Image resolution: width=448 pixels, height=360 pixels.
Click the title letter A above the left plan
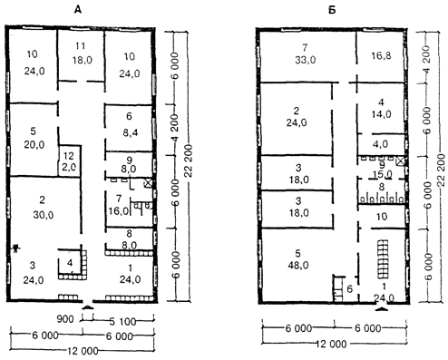78,10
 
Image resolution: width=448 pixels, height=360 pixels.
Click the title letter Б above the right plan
332,10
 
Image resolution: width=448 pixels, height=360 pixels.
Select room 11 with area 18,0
82,54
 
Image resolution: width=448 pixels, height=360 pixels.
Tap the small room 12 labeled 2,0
69,161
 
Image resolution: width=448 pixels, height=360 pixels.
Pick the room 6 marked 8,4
129,128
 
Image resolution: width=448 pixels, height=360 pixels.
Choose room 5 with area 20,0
34,139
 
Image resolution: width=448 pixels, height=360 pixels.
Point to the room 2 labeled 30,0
44,209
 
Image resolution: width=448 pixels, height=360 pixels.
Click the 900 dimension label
65,319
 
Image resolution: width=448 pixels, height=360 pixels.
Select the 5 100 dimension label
122,321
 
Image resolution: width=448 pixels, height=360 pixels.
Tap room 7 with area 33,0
306,54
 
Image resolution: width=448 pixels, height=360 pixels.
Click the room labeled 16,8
381,55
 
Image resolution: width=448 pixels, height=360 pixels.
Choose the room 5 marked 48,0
297,260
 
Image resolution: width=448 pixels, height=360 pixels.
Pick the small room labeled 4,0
381,144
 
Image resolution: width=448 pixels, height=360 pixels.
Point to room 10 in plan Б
382,217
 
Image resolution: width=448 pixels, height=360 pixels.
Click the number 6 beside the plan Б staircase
350,289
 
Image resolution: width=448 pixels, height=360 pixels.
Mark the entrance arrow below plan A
88,307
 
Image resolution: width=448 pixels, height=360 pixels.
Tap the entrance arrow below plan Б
381,308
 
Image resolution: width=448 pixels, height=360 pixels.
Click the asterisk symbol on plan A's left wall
15,248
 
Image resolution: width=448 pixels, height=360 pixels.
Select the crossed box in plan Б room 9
400,161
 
